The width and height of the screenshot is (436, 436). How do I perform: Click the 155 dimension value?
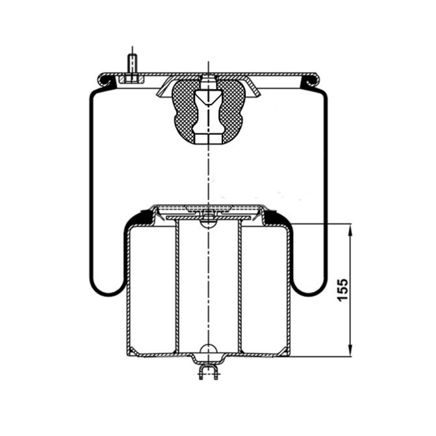point(343,290)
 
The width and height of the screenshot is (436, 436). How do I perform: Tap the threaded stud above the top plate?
point(133,64)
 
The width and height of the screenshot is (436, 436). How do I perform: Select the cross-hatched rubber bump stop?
point(208,112)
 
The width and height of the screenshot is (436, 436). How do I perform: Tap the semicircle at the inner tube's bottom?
point(208,349)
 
